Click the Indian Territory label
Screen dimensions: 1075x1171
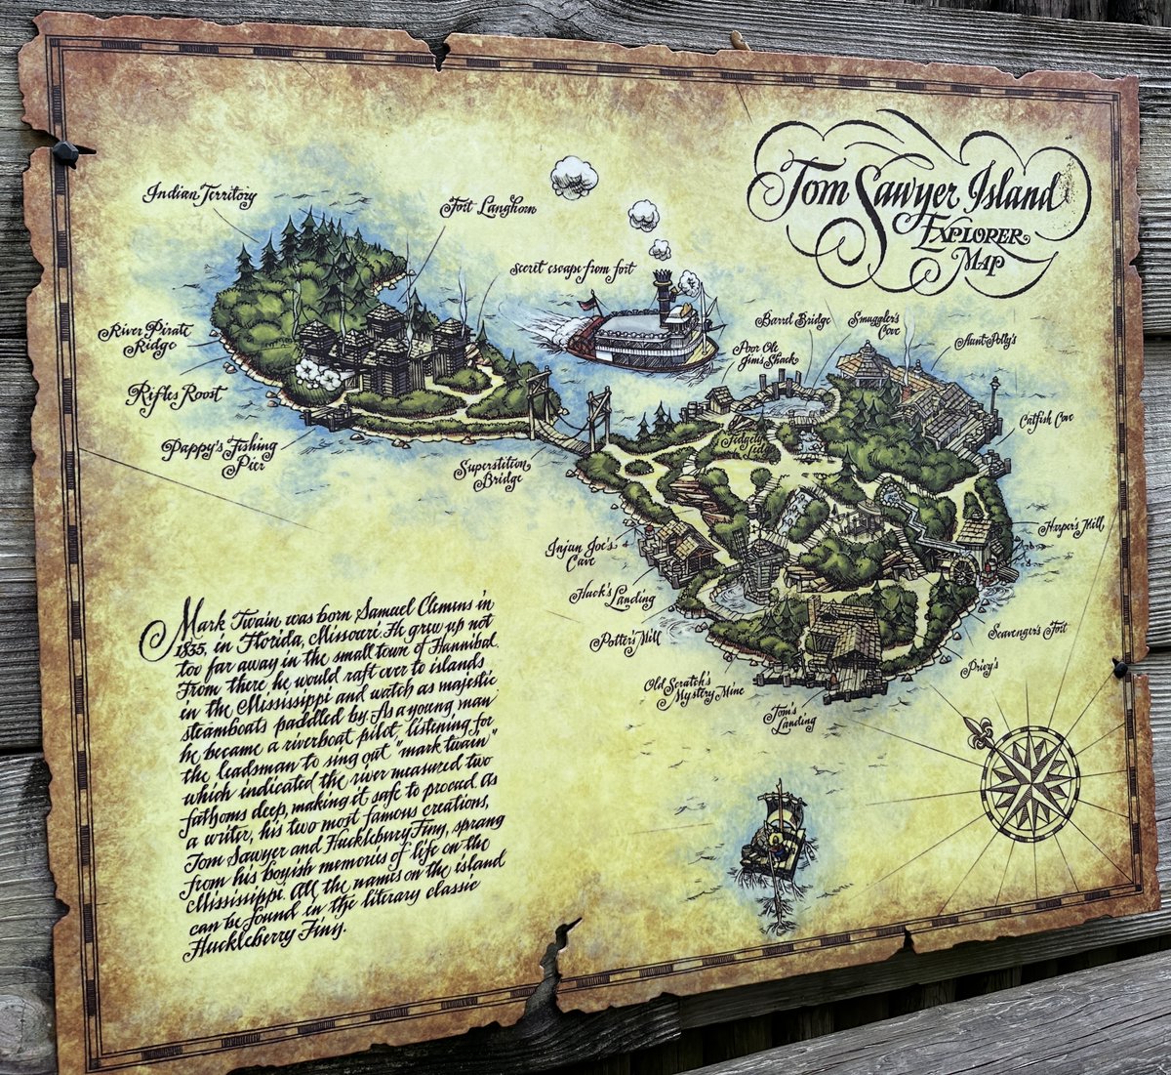click(200, 194)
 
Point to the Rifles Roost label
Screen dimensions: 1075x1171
click(175, 396)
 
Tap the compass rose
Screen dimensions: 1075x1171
click(1030, 782)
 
